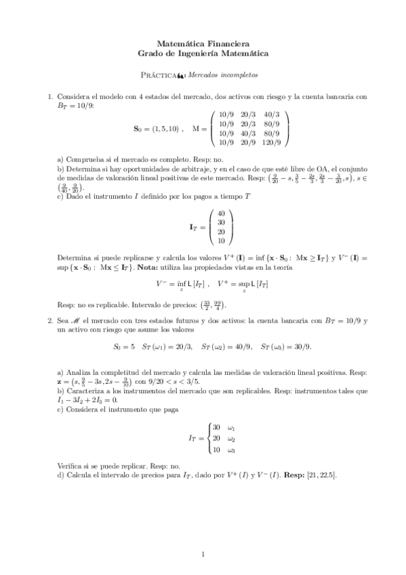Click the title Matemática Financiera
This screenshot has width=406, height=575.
click(203, 42)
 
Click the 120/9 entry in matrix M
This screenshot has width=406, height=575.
click(273, 142)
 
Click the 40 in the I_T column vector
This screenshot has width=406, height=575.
click(221, 213)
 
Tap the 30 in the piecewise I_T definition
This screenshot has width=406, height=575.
click(216, 427)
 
